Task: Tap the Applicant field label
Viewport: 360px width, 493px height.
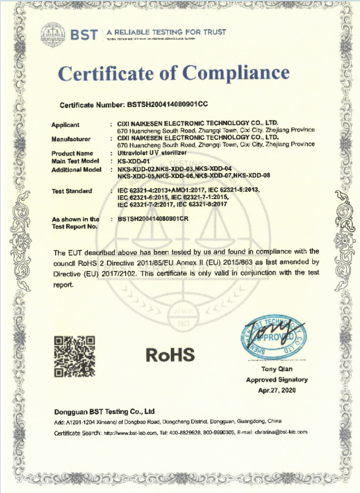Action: click(65, 125)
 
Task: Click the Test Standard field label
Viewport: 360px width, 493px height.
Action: click(72, 191)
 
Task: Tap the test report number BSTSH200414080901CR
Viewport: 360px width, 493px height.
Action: click(160, 219)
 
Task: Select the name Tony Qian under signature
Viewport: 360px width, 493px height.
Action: click(277, 371)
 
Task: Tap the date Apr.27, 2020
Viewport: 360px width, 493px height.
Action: click(277, 390)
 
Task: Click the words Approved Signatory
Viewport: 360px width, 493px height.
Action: click(277, 380)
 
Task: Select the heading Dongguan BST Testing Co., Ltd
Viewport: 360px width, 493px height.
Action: click(105, 411)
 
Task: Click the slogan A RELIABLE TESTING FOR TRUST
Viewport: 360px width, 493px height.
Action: click(166, 32)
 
